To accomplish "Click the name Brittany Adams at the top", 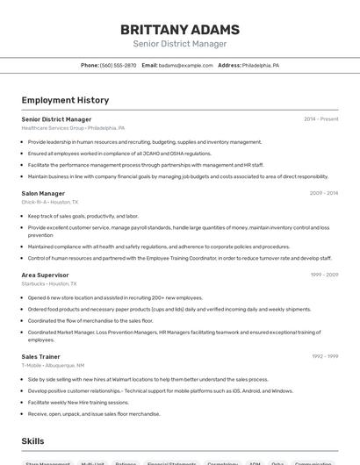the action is point(179,29).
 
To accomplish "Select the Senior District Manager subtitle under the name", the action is point(179,44).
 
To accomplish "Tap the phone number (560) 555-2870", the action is point(118,66).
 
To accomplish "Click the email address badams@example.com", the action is point(186,66).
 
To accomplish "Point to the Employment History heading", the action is point(65,100).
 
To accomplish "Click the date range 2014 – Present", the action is point(320,119).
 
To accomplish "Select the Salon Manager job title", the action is point(43,193).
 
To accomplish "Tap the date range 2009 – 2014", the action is point(323,193).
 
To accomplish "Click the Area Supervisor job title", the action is point(46,275).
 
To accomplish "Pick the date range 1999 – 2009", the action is point(323,275).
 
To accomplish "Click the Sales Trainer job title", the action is point(41,356).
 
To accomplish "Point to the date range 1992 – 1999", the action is point(324,356).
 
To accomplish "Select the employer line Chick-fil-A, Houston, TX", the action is point(50,202).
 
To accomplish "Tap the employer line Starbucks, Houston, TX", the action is point(49,283).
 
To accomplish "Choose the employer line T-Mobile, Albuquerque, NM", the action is point(53,365).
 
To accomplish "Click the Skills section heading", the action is point(33,440).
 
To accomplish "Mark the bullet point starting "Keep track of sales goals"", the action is point(83,216).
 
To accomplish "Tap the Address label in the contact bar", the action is point(229,66).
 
